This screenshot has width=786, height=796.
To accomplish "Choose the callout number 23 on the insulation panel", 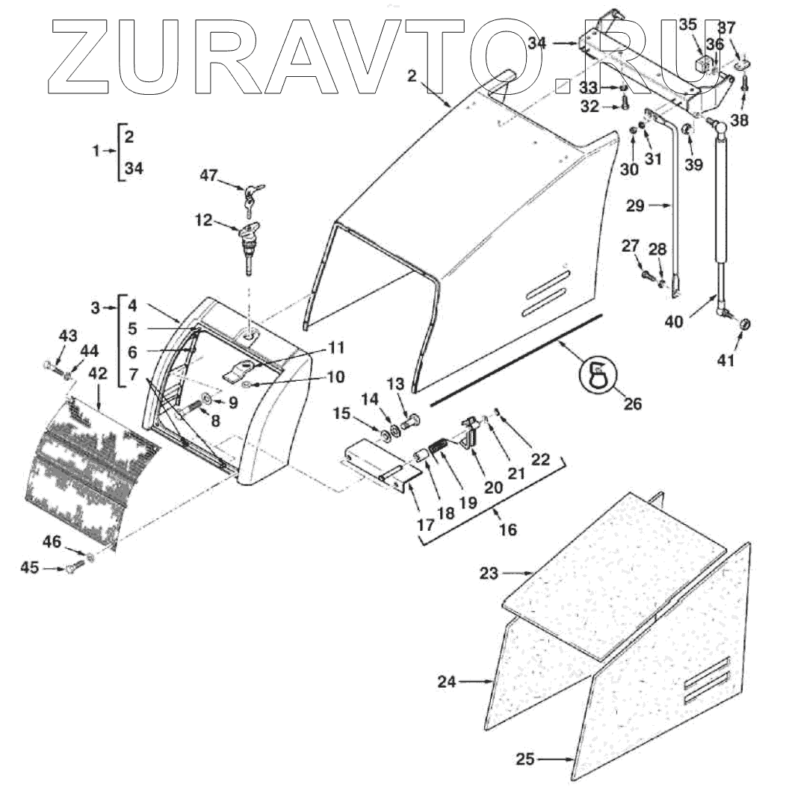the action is (488, 573).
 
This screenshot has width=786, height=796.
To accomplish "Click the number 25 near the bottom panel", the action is (524, 759).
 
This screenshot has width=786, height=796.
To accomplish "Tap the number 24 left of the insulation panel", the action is (447, 681).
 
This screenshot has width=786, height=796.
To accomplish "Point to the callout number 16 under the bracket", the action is (508, 529).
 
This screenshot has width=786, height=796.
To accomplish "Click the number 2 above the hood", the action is (411, 75).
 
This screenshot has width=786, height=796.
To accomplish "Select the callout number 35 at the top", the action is (687, 25).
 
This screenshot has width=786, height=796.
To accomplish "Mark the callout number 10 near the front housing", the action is (335, 377).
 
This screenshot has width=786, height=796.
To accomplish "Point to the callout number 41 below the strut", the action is (725, 361).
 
